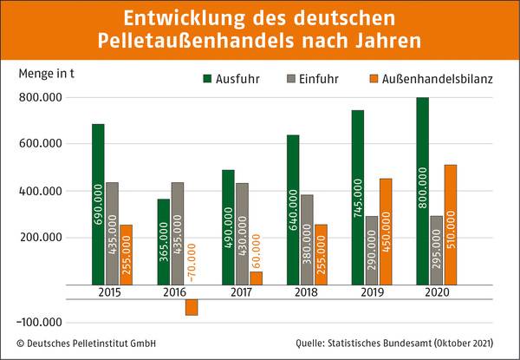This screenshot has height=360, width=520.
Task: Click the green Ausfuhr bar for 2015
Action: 98,204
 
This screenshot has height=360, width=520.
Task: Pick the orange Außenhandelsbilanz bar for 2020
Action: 450,225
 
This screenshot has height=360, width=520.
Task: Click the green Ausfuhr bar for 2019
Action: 358,198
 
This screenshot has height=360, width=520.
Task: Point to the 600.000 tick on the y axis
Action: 41,144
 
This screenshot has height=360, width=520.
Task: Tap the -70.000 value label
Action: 192,259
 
